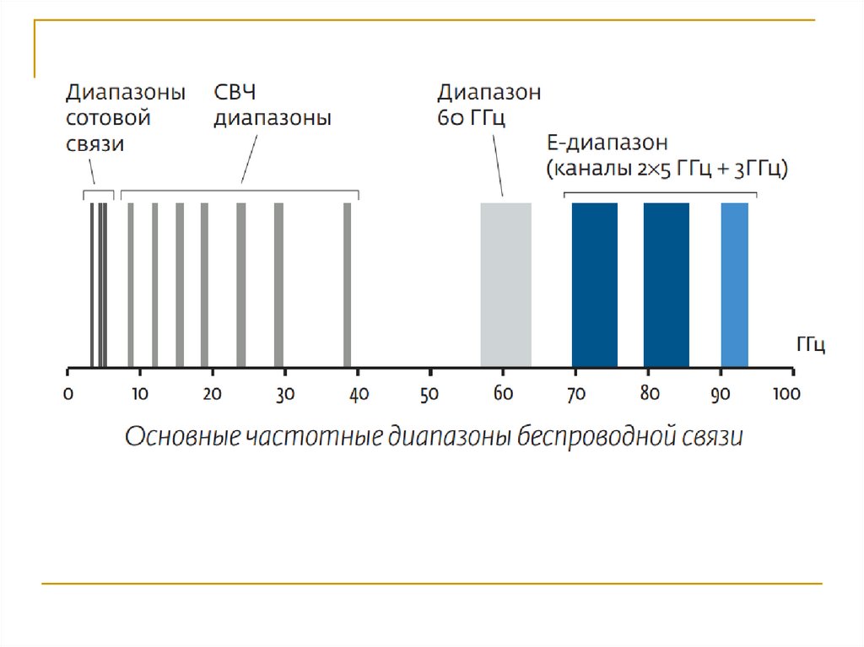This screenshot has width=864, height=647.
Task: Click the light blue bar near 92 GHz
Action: tap(734, 284)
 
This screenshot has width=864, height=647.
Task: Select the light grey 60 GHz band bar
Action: tap(505, 284)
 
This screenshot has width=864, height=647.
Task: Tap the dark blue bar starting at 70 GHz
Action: tap(594, 284)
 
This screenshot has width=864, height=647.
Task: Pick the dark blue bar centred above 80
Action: tap(666, 284)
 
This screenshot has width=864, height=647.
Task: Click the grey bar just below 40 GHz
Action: tap(347, 284)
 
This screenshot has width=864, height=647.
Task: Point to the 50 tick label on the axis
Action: tap(430, 393)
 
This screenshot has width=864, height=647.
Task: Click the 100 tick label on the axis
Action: tap(788, 393)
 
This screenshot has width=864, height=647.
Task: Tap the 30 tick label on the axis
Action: tap(285, 393)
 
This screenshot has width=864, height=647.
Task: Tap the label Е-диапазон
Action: tap(607, 142)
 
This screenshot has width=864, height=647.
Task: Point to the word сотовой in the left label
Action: tap(108, 118)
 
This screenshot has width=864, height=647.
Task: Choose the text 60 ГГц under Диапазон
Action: tap(471, 118)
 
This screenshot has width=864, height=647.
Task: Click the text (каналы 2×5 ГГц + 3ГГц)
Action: tap(667, 168)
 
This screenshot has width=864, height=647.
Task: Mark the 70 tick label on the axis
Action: tap(575, 393)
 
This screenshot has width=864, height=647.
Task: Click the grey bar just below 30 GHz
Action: tap(278, 284)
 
